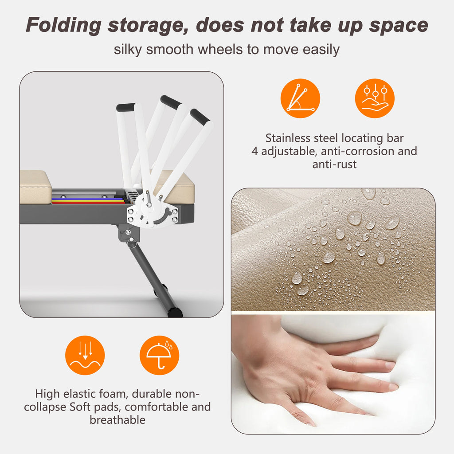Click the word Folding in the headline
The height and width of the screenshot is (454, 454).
click(64, 25)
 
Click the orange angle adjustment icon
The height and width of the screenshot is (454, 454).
click(300, 98)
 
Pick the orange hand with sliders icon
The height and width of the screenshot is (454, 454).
click(375, 98)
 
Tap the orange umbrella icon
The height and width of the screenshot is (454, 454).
click(159, 355)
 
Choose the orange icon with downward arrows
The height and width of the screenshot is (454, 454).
click(85, 355)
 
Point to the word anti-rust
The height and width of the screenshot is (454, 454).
click(334, 164)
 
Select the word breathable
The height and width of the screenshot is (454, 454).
click(117, 420)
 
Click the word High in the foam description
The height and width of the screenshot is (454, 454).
click(47, 394)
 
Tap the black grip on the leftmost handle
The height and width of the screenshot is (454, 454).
click(125, 107)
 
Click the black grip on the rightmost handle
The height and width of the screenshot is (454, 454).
click(200, 116)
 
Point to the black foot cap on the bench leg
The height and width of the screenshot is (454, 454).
click(175, 312)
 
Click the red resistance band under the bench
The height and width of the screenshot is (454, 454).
click(88, 203)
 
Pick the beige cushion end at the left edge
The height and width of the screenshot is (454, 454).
click(35, 187)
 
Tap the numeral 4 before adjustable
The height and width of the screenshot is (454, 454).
click(254, 151)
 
